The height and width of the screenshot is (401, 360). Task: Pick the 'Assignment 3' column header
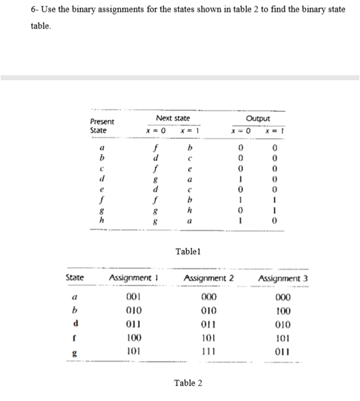coord(283,278)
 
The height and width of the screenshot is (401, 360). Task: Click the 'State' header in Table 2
coord(74,278)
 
